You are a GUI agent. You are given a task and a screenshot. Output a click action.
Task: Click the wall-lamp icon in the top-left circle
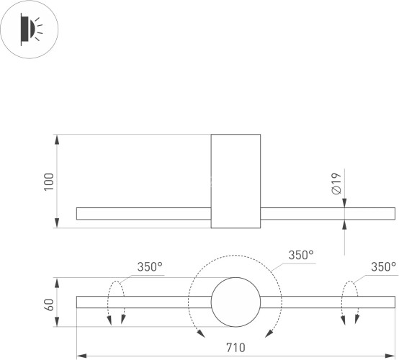28,29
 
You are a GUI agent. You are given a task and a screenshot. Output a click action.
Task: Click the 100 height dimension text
48,181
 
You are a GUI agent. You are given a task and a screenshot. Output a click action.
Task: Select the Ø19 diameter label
336,184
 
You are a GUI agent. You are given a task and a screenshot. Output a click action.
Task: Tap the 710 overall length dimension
235,348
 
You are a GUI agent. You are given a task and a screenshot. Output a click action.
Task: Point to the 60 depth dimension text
48,303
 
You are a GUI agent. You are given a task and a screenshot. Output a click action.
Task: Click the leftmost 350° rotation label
150,266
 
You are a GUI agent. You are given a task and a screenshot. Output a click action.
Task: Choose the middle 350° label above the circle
301,255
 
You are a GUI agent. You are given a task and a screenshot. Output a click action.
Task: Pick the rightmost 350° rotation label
383,266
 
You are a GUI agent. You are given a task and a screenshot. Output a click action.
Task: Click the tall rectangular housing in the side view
236,181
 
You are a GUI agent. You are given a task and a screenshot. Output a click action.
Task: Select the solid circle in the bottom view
235,302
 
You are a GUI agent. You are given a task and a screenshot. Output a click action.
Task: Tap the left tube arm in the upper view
143,214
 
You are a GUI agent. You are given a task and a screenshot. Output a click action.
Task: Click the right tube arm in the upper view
327,214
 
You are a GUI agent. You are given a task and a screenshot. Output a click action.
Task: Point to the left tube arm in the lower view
143,302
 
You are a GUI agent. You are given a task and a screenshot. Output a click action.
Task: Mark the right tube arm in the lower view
327,302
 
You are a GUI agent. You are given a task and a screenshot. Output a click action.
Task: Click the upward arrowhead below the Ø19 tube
345,225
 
